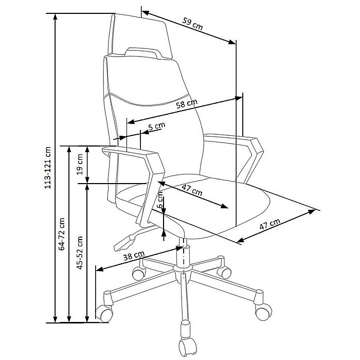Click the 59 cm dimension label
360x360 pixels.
tap(193, 24)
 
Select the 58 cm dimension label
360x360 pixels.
tap(187, 103)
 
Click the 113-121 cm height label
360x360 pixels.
tap(47, 168)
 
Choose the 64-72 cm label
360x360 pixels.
tap(62, 234)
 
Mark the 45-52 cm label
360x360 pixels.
tap(79, 253)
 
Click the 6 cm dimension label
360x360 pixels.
tap(160, 200)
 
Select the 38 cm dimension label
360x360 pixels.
tap(134, 255)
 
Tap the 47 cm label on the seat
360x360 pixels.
tap(192, 190)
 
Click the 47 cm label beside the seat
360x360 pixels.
tap(270, 224)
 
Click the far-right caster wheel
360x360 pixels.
tap(263, 312)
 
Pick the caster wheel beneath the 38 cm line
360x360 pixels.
tap(104, 313)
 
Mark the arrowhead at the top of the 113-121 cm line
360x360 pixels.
tap(55, 16)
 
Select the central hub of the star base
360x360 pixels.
tap(183, 272)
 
